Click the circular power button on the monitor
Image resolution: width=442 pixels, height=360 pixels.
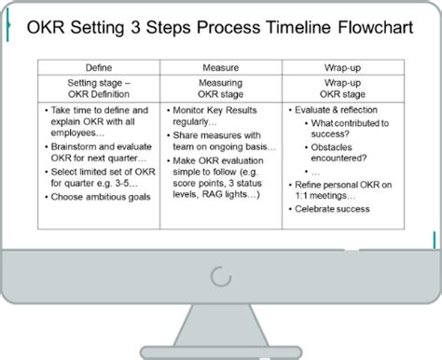pyautogui.click(x=220, y=276)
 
